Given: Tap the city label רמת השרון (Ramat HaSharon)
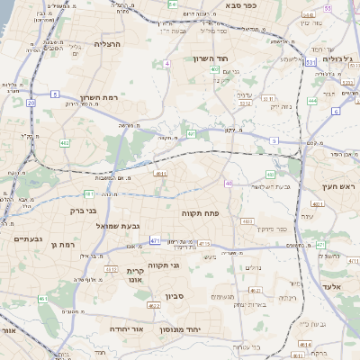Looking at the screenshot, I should (86, 95).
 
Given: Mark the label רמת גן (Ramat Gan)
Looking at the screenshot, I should (64, 244).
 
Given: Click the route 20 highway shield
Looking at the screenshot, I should (31, 103).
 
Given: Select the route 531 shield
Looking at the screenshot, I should (310, 63).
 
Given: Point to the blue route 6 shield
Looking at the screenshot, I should (335, 112).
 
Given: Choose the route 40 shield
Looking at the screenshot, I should (229, 184).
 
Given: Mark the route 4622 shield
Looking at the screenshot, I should (154, 305).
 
